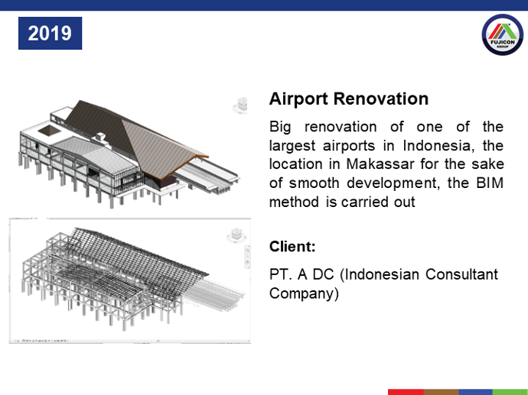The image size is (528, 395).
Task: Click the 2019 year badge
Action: click(x=50, y=34)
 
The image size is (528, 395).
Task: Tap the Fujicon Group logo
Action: click(x=503, y=34)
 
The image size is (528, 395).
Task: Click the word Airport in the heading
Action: click(x=298, y=99)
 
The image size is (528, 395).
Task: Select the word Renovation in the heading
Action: click(x=381, y=99)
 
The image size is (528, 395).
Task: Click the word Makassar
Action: click(x=380, y=164)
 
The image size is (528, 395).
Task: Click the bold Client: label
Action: click(x=292, y=247)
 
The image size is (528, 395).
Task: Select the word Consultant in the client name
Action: click(x=461, y=274)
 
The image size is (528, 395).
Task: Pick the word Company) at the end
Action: click(x=304, y=293)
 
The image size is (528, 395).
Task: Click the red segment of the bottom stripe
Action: click(x=406, y=392)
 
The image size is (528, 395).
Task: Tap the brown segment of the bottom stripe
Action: click(x=441, y=392)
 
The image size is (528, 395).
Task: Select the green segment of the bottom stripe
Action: click(x=510, y=392)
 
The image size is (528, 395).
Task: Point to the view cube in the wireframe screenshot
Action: click(x=236, y=235)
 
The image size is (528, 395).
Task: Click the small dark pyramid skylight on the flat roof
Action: click(x=49, y=130)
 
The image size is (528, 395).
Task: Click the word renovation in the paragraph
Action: click(x=341, y=127)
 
